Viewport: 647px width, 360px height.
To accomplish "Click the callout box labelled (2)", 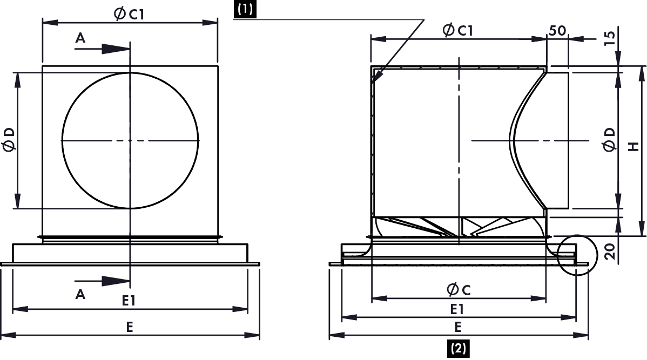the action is (457, 348).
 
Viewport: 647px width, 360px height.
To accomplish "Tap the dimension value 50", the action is (557, 30).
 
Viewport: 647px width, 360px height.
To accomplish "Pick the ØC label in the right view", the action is (458, 290).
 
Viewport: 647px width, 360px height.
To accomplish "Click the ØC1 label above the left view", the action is (129, 15).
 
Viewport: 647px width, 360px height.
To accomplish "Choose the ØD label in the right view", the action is (610, 139).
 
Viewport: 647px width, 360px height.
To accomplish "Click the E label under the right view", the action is (458, 327).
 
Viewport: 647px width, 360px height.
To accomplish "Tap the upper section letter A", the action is (80, 37).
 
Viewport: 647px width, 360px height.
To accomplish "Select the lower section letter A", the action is (80, 294).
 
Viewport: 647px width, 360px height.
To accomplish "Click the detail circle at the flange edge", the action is (576, 255).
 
